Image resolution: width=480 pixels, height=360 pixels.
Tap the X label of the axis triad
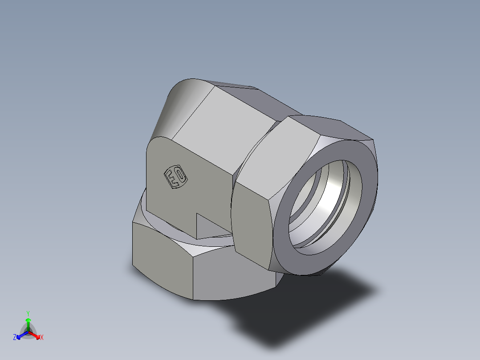pos(42,337)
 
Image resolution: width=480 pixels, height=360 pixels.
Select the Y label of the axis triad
pos(28,313)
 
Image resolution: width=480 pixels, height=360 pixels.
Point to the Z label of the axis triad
pos(15,337)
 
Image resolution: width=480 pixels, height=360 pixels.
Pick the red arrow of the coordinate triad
pos(36,335)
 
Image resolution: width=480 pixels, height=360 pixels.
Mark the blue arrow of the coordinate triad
pos(20,335)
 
